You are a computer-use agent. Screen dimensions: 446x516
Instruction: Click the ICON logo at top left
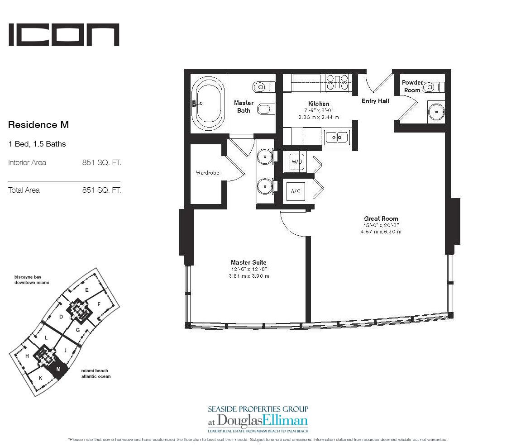click(64, 35)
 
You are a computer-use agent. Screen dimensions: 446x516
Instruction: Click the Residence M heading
click(38, 124)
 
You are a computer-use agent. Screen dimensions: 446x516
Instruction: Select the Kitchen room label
click(319, 104)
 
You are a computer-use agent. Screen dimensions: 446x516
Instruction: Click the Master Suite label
click(248, 262)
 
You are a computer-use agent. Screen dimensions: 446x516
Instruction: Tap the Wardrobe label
click(207, 172)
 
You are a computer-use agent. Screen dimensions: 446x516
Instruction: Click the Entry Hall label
click(375, 101)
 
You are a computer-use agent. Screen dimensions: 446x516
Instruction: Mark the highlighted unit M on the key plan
click(58, 370)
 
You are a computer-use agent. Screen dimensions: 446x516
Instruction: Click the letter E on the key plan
click(86, 290)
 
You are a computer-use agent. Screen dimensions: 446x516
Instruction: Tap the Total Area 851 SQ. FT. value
click(101, 190)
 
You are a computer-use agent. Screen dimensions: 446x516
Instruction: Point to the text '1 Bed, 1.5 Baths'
click(37, 144)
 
